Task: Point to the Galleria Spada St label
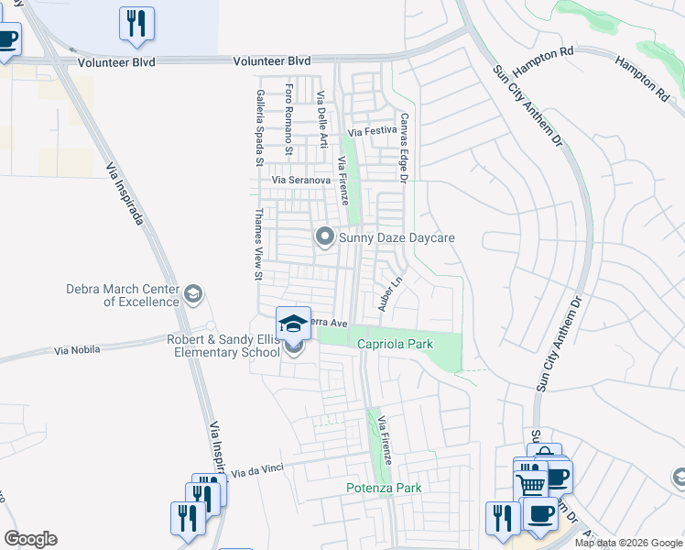(260, 127)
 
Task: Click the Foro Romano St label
(289, 119)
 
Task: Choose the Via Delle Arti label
(321, 119)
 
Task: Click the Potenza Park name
(384, 488)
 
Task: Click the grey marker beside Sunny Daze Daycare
(324, 237)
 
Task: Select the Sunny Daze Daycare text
(397, 237)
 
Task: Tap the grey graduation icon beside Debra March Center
(192, 294)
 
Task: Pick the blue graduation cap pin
(293, 324)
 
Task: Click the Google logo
(30, 539)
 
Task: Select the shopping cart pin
(530, 479)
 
